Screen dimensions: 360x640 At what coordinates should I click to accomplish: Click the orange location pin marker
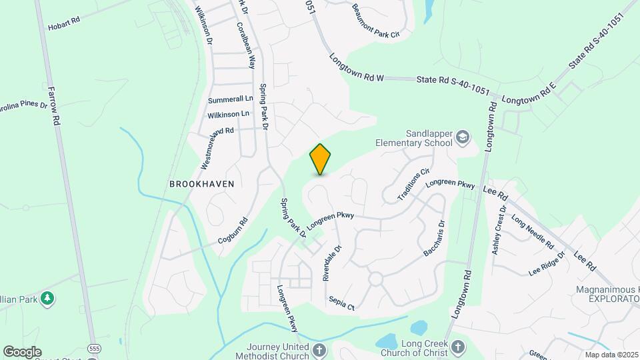[321, 159]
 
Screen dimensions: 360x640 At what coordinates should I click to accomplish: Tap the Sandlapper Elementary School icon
[462, 138]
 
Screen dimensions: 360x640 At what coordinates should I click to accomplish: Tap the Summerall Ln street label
[231, 99]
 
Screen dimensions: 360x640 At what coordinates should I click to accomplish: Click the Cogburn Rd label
[233, 230]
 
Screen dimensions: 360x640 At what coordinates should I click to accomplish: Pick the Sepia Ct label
[341, 303]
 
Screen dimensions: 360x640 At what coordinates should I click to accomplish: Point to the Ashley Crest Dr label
[499, 229]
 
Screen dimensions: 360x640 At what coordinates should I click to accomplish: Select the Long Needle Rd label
[532, 231]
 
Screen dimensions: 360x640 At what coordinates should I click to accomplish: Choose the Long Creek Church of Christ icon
[457, 346]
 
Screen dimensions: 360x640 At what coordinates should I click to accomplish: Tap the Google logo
[22, 351]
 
